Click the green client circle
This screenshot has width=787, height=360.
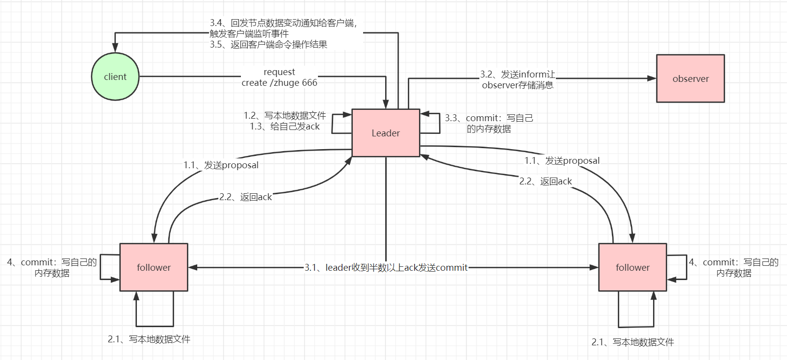click(x=115, y=77)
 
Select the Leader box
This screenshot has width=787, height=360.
click(x=386, y=133)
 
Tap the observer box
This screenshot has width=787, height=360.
click(x=690, y=78)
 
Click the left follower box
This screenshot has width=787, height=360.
click(x=154, y=267)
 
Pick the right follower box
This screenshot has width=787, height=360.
click(x=632, y=267)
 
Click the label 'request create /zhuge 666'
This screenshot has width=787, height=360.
click(x=279, y=77)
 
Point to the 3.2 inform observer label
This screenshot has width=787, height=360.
click(x=518, y=79)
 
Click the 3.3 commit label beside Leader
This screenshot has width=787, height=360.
click(x=489, y=123)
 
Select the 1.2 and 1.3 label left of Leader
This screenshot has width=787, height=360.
click(x=285, y=121)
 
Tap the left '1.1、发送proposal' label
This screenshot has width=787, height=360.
click(x=221, y=165)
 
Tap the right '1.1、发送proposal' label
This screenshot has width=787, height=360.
click(x=562, y=160)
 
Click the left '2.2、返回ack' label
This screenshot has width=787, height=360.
click(x=245, y=197)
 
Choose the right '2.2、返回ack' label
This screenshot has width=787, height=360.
click(x=546, y=181)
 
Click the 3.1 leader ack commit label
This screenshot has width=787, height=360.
click(x=386, y=267)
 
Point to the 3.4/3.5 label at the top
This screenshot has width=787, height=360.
click(x=283, y=33)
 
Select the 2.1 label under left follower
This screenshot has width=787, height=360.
click(x=149, y=339)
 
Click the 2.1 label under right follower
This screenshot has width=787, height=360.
click(x=632, y=342)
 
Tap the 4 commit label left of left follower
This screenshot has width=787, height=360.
click(x=52, y=267)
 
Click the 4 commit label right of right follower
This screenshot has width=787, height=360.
click(x=734, y=267)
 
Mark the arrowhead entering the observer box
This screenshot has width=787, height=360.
click(x=652, y=78)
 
